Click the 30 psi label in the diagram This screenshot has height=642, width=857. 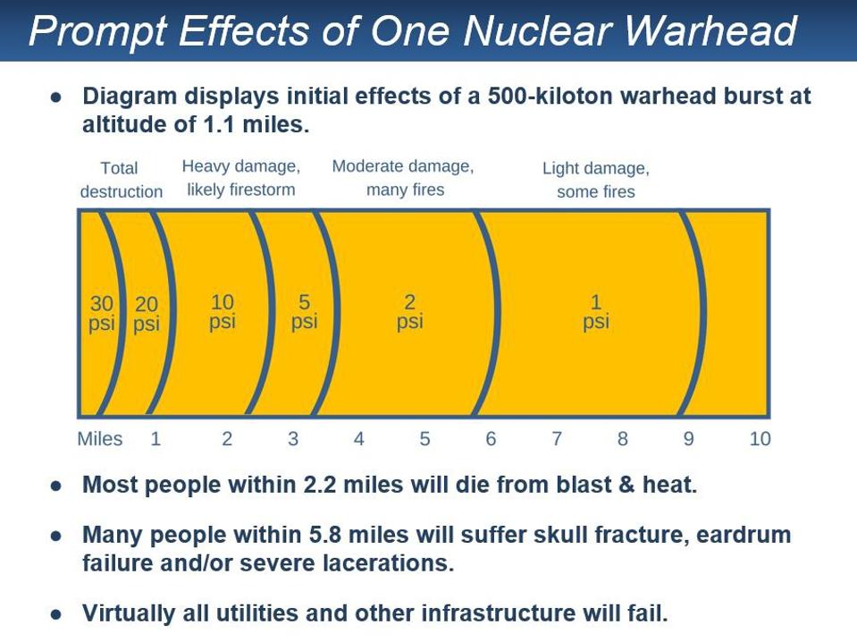(x=102, y=314)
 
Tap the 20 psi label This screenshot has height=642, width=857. (x=147, y=314)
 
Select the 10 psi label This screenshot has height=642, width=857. (x=223, y=312)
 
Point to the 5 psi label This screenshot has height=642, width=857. (x=304, y=312)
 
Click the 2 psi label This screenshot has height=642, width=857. (x=410, y=312)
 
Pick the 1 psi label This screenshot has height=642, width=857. (x=596, y=312)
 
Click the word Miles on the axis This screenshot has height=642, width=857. (x=100, y=439)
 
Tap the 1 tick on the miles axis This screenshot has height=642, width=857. (x=155, y=439)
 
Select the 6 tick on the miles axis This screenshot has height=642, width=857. (x=491, y=439)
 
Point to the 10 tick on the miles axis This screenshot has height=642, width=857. (x=760, y=439)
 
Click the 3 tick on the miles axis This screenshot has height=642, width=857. (x=293, y=439)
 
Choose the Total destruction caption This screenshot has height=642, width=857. (x=121, y=180)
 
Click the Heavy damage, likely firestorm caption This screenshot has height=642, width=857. (x=241, y=178)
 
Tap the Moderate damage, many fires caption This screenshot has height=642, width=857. (x=404, y=178)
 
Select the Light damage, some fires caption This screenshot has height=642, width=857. (x=596, y=180)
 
